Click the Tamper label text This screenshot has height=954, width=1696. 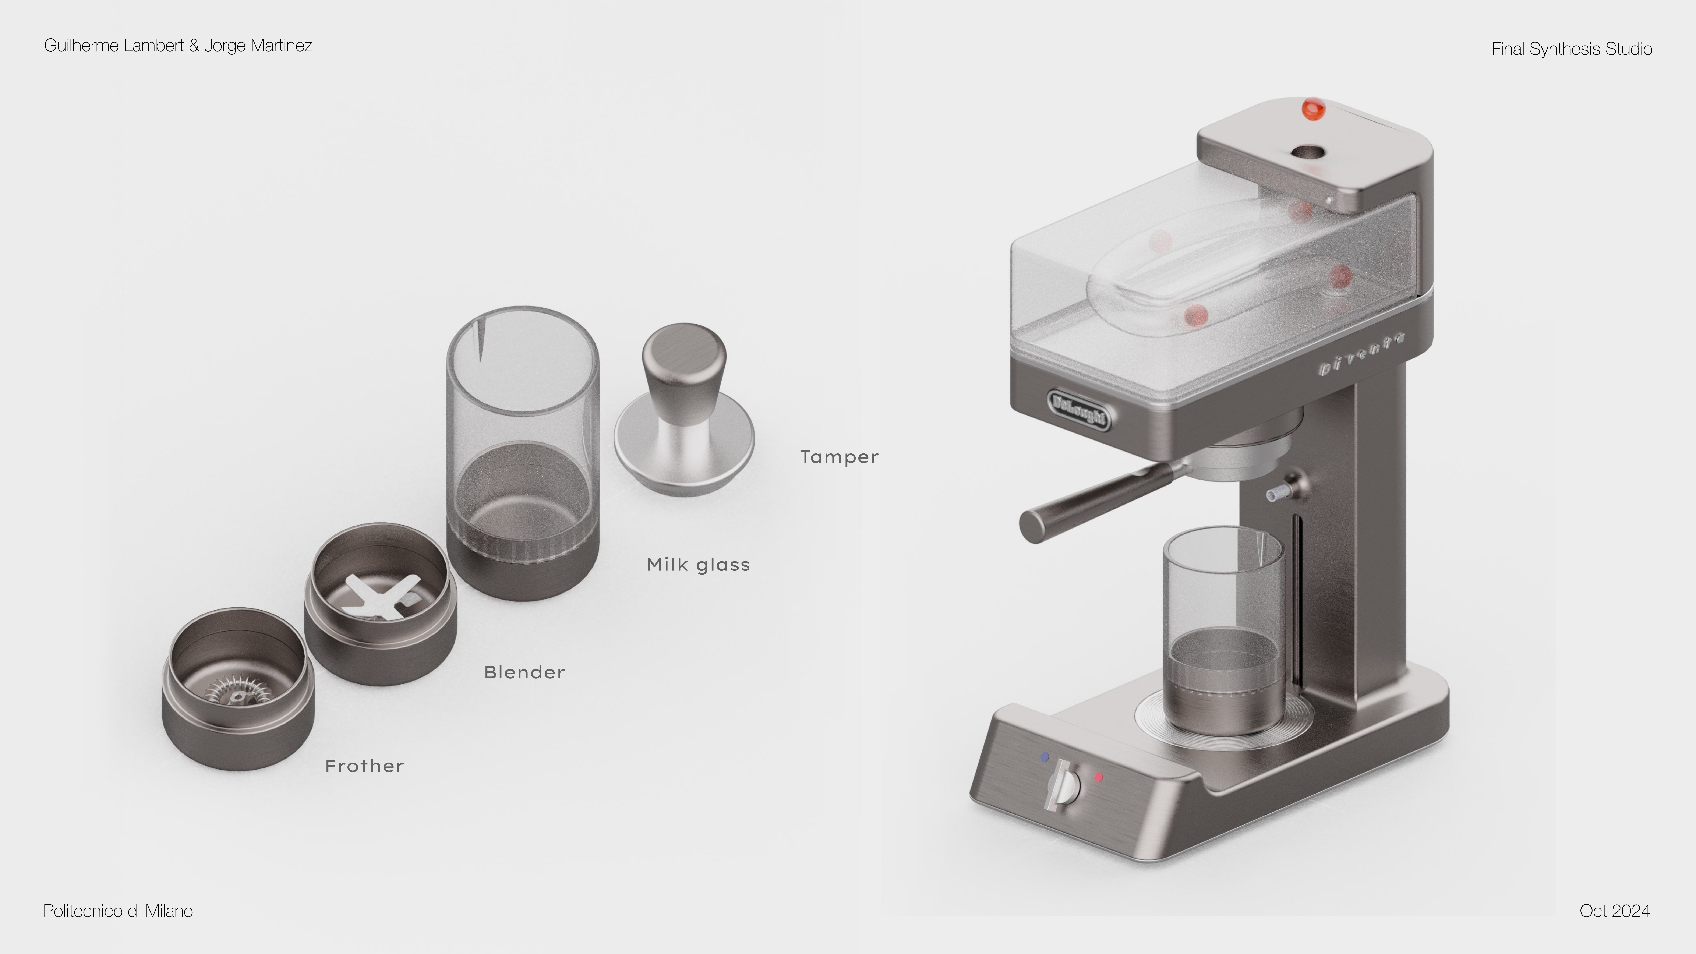[839, 457]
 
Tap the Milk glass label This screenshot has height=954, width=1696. [698, 565]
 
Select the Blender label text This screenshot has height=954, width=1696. [524, 672]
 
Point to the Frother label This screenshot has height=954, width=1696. [364, 766]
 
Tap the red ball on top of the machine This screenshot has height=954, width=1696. [1313, 109]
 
